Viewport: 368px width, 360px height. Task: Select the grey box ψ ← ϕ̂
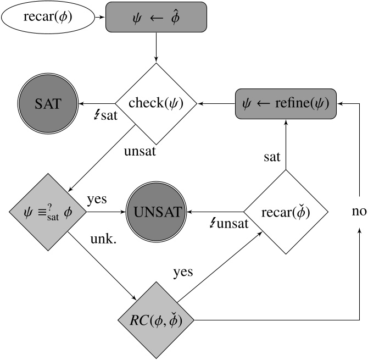click(157, 18)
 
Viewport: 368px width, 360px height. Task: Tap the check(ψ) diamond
click(156, 103)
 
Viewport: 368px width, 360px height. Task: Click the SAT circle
click(47, 103)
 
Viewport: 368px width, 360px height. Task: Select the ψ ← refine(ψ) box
click(285, 103)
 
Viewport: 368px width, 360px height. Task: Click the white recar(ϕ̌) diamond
click(285, 212)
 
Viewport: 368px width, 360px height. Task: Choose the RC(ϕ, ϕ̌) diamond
click(157, 320)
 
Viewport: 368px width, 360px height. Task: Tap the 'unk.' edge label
click(103, 240)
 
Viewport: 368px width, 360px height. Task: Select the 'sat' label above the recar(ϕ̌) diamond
click(271, 157)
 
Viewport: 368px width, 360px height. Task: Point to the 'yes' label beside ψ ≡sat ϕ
click(97, 199)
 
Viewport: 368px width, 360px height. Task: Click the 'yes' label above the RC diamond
click(183, 272)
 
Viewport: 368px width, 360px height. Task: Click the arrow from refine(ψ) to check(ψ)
click(217, 103)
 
